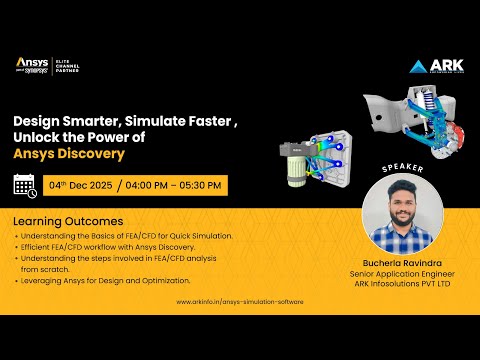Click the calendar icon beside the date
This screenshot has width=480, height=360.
click(x=25, y=184)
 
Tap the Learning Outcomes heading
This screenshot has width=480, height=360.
click(x=68, y=220)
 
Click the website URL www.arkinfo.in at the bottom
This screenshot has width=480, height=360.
click(x=239, y=301)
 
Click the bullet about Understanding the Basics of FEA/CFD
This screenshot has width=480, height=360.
click(x=125, y=235)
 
